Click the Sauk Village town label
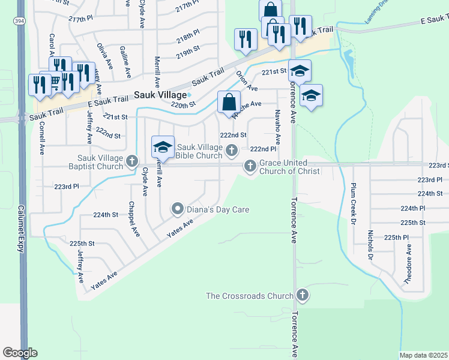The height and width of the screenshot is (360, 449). click(159, 94)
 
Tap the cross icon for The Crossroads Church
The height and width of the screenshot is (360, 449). click(303, 295)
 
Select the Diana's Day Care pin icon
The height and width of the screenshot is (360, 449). click(177, 209)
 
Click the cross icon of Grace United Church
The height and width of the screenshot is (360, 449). click(250, 166)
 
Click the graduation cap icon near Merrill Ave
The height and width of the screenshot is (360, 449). click(163, 146)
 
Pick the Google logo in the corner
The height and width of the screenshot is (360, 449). click(20, 353)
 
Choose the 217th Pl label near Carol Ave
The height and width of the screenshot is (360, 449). click(80, 19)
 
